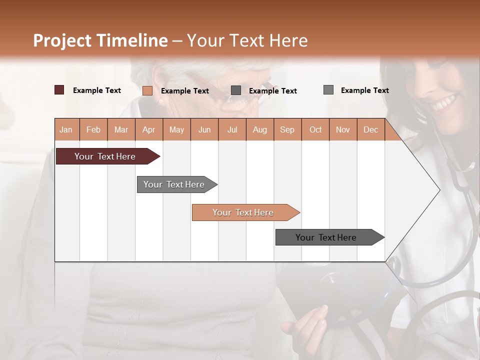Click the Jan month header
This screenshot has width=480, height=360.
(66, 129)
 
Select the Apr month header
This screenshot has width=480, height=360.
(148, 129)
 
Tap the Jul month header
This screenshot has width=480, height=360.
(232, 129)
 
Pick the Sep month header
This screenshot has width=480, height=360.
(287, 129)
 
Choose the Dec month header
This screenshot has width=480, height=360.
(370, 129)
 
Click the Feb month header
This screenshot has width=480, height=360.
(93, 129)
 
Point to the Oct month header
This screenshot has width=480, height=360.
(315, 129)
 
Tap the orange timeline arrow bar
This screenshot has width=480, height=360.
(243, 212)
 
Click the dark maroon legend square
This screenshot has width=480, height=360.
(59, 90)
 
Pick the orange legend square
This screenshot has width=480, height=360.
(147, 90)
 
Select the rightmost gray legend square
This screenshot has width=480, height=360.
(328, 90)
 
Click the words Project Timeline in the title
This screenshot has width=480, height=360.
(100, 40)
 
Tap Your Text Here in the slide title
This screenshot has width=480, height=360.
(247, 40)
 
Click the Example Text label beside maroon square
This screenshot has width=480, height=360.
(97, 90)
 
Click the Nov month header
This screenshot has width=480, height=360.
(343, 129)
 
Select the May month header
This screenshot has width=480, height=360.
(176, 129)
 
